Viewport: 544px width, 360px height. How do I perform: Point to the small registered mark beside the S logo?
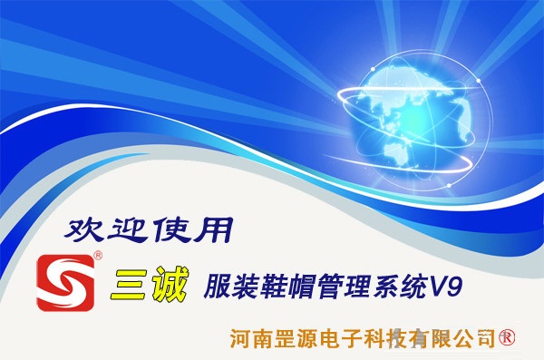98,258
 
